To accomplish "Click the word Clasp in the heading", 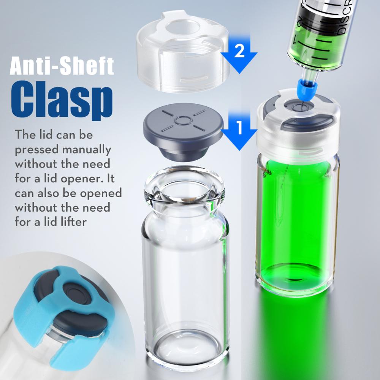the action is [x=62, y=100].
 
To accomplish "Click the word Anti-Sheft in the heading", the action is [x=62, y=66].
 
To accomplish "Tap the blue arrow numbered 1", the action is [x=239, y=130].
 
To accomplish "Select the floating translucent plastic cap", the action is [x=183, y=51].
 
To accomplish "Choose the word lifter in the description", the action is [x=74, y=222].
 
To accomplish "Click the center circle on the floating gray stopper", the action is [x=183, y=120].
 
